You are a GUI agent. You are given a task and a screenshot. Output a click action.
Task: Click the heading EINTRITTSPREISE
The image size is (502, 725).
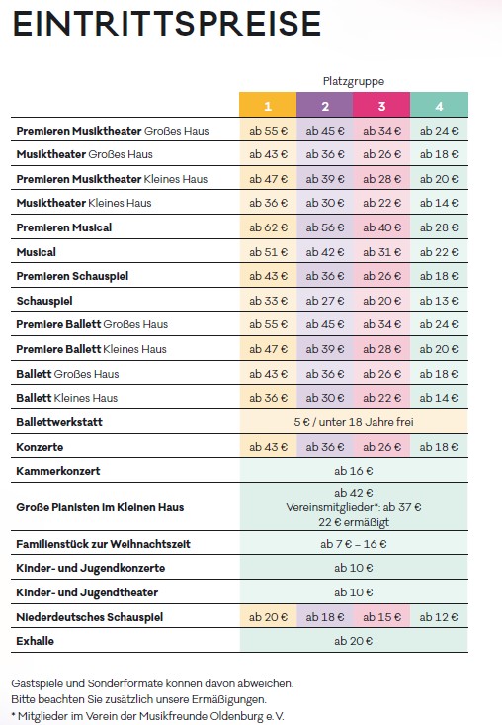tap(166, 24)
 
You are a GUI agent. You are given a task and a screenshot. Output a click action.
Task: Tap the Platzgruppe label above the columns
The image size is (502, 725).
tap(354, 81)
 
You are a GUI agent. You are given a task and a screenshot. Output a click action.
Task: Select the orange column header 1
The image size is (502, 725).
tap(268, 105)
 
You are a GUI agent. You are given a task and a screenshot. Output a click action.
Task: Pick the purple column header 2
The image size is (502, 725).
tap(325, 105)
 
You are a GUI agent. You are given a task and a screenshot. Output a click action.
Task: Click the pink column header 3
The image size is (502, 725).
tap(381, 105)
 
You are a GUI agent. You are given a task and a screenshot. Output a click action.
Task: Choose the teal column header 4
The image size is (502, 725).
tap(439, 105)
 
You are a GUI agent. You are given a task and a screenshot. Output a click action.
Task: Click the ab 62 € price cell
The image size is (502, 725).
tap(268, 227)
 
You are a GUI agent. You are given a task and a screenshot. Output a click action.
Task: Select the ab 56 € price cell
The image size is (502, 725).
tap(325, 227)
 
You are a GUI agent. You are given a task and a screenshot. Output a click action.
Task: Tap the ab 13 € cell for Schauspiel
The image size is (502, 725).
tap(439, 301)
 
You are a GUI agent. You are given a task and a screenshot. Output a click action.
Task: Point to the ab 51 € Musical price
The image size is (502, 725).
tap(268, 252)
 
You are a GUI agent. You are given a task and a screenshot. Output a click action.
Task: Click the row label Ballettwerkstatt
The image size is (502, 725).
tap(59, 422)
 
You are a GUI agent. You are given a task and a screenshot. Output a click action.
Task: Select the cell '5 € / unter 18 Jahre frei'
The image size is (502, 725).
tap(354, 422)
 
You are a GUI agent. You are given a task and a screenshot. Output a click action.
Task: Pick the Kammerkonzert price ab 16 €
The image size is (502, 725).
tap(354, 471)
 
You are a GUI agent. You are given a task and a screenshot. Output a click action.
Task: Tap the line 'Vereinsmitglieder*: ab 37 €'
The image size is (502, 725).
tap(354, 507)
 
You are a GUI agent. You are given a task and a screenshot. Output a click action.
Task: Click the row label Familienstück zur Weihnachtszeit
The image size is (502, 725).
tap(103, 544)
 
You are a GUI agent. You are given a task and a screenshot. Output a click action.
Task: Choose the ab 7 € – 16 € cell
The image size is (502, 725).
tap(354, 544)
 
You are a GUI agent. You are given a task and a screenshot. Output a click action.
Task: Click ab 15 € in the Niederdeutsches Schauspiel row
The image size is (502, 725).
tap(381, 617)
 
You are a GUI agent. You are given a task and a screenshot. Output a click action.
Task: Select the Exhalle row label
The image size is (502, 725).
tap(36, 641)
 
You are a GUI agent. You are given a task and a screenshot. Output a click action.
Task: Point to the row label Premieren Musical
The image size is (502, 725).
tap(63, 227)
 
